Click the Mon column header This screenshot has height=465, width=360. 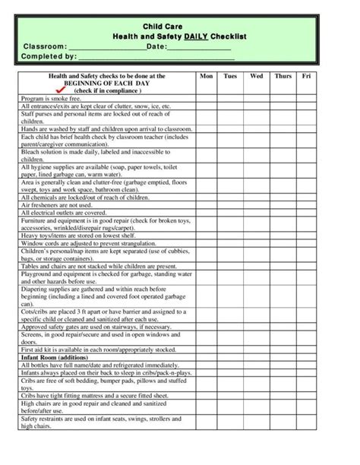click(206, 77)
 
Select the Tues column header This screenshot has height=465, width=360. click(229, 77)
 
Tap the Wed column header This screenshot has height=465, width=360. click(256, 77)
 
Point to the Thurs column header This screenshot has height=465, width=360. click(283, 77)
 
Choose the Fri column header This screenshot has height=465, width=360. click(306, 77)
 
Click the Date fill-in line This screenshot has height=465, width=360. click(199, 47)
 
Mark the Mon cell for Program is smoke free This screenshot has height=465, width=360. click(206, 99)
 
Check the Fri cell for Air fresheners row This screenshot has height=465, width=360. click(306, 205)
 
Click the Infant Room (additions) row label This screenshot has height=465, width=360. click(55, 356)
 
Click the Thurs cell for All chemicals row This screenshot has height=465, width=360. click(283, 198)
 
